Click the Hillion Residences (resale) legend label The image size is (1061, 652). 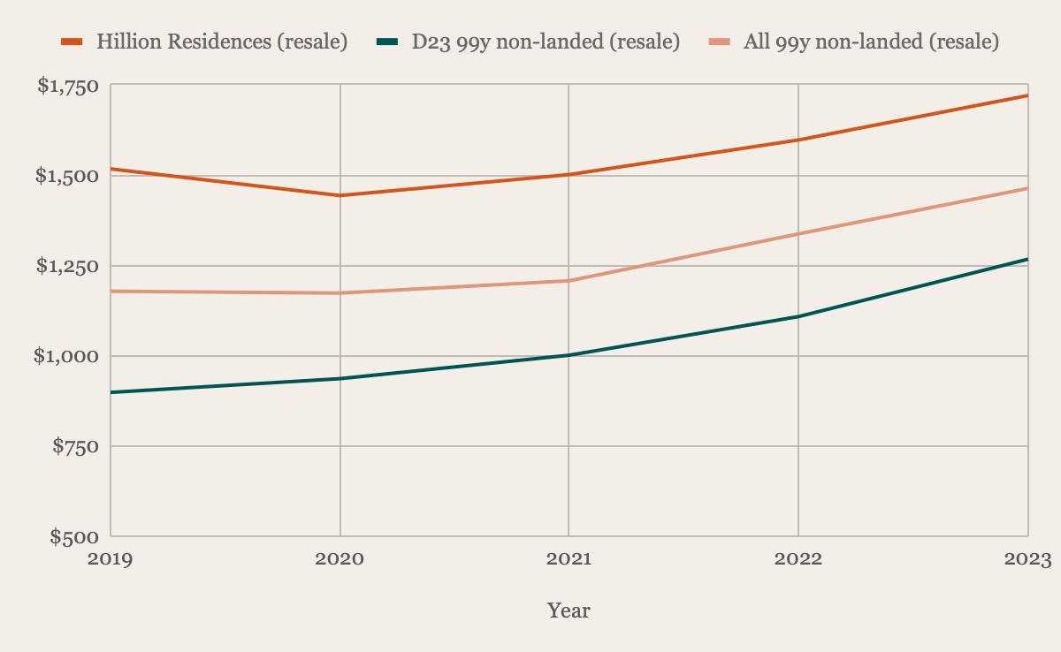[x=221, y=42]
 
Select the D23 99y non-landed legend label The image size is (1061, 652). [x=546, y=42]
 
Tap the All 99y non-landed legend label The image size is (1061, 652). [x=870, y=42]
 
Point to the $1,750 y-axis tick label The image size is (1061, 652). [x=67, y=86]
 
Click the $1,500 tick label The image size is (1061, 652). [x=67, y=176]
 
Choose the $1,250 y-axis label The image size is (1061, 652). [x=67, y=266]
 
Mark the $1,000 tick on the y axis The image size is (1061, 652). [x=67, y=356]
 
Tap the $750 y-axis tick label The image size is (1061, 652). [x=74, y=446]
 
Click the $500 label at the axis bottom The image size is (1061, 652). [x=74, y=536]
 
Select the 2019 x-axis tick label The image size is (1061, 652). [x=111, y=559]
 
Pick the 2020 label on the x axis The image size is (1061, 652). [x=340, y=559]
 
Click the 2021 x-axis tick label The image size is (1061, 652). [x=569, y=559]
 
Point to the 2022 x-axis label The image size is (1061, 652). [x=798, y=559]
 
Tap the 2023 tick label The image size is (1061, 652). [x=1027, y=559]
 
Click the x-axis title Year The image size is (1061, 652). [x=569, y=610]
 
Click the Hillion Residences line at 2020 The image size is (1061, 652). [x=340, y=195]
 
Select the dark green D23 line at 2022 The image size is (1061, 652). [x=798, y=316]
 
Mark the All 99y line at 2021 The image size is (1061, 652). [x=569, y=281]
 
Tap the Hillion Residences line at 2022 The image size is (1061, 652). [x=798, y=140]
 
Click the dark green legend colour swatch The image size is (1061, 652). [x=387, y=42]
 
